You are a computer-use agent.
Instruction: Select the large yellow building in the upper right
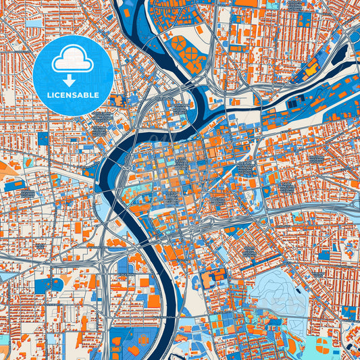pos(311,68)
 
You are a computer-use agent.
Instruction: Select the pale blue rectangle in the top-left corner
pos(34,22)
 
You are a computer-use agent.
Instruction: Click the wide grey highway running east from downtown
pos(297,209)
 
